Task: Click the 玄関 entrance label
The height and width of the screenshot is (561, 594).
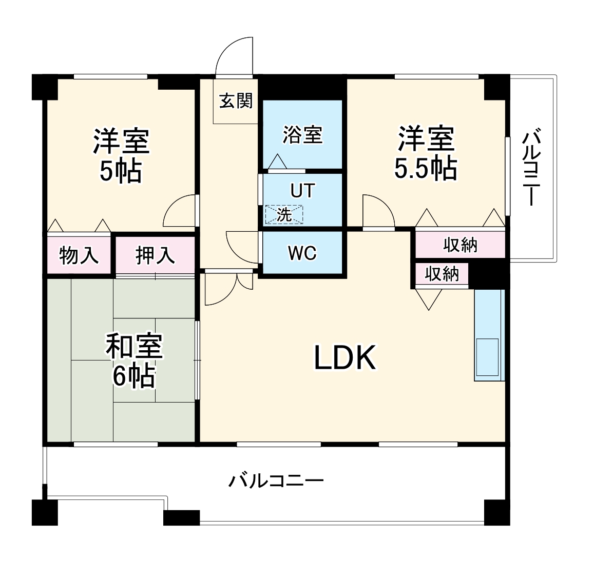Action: [x=236, y=101]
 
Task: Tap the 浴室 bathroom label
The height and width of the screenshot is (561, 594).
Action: [x=302, y=135]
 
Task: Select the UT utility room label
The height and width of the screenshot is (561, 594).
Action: [x=302, y=191]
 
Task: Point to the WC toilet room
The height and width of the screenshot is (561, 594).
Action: [x=302, y=253]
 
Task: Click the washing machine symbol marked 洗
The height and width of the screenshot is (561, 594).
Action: [x=284, y=215]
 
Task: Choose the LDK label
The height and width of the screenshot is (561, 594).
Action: [x=345, y=358]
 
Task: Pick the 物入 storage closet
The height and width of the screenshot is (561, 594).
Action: [x=79, y=255]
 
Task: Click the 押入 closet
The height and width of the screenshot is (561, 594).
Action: [x=155, y=255]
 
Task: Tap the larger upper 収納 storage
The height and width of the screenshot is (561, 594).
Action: [x=460, y=245]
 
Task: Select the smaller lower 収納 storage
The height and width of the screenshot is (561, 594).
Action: [x=442, y=274]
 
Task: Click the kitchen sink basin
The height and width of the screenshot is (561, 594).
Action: [x=487, y=357]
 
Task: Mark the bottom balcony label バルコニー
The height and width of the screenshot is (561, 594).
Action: [x=276, y=481]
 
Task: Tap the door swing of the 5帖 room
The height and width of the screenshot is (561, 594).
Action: [x=179, y=211]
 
